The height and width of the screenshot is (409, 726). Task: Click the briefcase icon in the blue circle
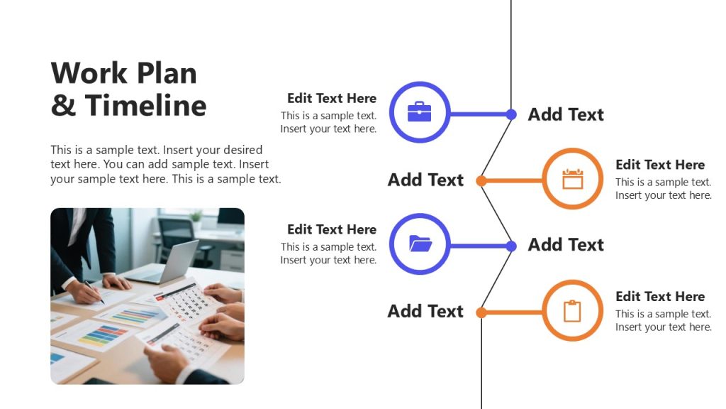pyautogui.click(x=420, y=112)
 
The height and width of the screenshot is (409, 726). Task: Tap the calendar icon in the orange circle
pyautogui.click(x=572, y=179)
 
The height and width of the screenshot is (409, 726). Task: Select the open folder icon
pyautogui.click(x=420, y=244)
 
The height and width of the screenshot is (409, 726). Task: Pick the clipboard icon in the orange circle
pyautogui.click(x=572, y=311)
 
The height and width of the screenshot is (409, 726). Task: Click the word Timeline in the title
pyautogui.click(x=146, y=106)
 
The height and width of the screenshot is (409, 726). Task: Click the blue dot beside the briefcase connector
pyautogui.click(x=511, y=114)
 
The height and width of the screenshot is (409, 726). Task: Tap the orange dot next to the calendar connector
pyautogui.click(x=481, y=181)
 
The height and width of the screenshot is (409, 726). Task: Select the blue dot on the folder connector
pyautogui.click(x=511, y=246)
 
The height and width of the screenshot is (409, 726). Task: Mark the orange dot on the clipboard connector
pyautogui.click(x=481, y=312)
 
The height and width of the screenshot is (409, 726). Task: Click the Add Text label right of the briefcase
pyautogui.click(x=566, y=114)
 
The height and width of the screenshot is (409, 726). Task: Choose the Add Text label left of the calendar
pyautogui.click(x=425, y=180)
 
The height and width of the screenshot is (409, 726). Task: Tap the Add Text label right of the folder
pyautogui.click(x=566, y=245)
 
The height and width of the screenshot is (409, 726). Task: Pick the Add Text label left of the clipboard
pyautogui.click(x=425, y=311)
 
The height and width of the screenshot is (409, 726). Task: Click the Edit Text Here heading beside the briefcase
pyautogui.click(x=331, y=98)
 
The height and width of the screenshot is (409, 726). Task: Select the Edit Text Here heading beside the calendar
pyautogui.click(x=660, y=165)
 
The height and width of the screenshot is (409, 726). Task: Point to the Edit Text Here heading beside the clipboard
pyautogui.click(x=660, y=296)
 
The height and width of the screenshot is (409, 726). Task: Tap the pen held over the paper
pyautogui.click(x=94, y=292)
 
